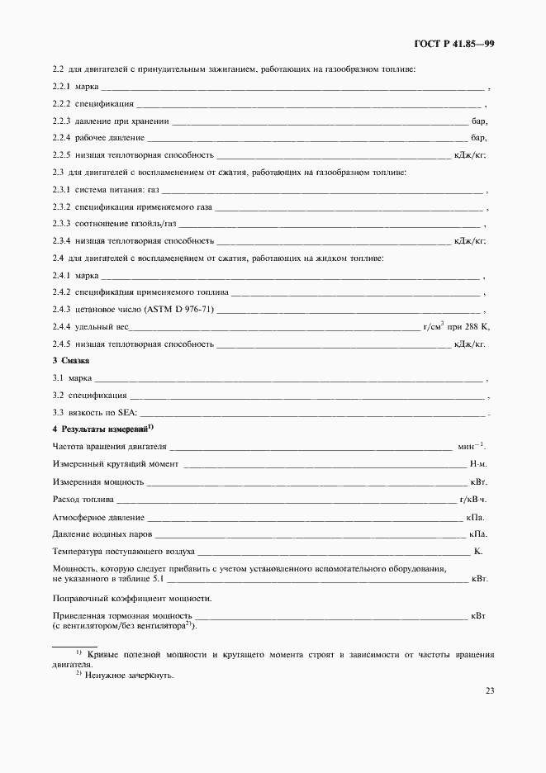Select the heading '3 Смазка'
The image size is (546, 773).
71,361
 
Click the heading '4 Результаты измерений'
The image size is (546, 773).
100,429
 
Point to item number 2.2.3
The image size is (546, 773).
62,121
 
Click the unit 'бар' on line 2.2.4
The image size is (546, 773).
478,138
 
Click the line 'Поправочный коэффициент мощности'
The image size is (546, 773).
132,597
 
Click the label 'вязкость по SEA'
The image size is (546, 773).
107,412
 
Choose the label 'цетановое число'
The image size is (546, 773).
108,310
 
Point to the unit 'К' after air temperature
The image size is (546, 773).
477,551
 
